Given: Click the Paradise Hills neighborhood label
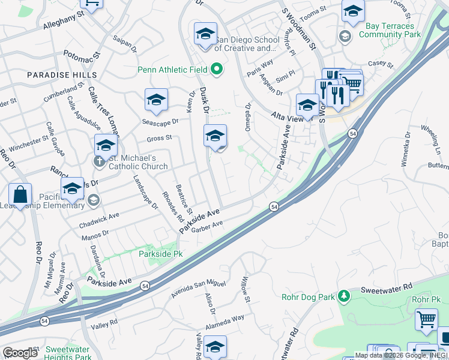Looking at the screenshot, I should click(x=62, y=74).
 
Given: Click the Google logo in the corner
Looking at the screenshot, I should click(x=20, y=353).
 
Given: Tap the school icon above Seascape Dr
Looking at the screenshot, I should click(x=156, y=100).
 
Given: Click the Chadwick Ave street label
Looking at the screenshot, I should click(x=99, y=220).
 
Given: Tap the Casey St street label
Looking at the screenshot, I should click(x=380, y=64).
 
